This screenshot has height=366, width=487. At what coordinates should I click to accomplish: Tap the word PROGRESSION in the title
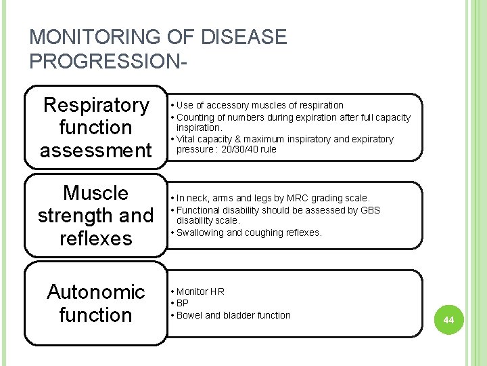102,61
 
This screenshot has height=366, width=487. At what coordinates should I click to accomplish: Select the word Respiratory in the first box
95,105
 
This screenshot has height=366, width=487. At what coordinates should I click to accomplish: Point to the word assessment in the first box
95,150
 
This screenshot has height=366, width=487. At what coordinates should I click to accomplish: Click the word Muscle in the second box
95,193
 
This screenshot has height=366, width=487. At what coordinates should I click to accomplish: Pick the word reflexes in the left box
95,238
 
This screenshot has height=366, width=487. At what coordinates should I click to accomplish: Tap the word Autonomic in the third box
95,292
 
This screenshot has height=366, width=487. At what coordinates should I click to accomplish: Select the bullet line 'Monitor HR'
200,291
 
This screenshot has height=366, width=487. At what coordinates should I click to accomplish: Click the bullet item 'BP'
183,303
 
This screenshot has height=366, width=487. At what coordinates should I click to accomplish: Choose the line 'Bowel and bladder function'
233,315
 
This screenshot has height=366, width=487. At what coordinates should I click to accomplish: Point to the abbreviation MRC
297,198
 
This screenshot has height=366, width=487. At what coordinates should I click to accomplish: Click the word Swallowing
201,232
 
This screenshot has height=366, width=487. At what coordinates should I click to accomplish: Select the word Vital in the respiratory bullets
187,139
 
